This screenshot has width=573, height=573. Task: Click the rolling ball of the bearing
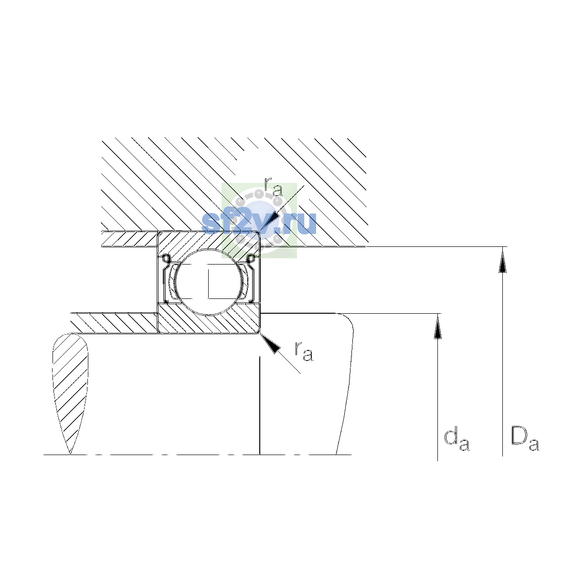click(x=209, y=282)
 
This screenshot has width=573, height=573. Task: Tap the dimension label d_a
click(x=456, y=440)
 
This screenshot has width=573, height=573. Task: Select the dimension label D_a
click(x=525, y=439)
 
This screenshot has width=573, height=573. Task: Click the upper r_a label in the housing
click(x=273, y=187)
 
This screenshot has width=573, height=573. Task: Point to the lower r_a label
click(x=304, y=351)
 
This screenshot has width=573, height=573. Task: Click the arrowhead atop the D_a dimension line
click(x=502, y=261)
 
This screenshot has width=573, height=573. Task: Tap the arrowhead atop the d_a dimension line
click(x=437, y=327)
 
